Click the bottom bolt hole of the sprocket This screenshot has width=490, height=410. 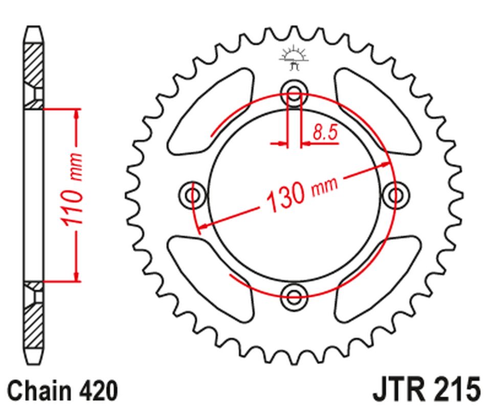295,294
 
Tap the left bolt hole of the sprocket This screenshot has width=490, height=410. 193,195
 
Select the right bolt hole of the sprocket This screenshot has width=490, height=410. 395,195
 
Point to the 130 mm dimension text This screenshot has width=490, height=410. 302,195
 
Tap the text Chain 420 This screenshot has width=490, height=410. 62,391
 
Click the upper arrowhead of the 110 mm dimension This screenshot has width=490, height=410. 77,114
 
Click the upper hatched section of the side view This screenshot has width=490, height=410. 34,67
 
